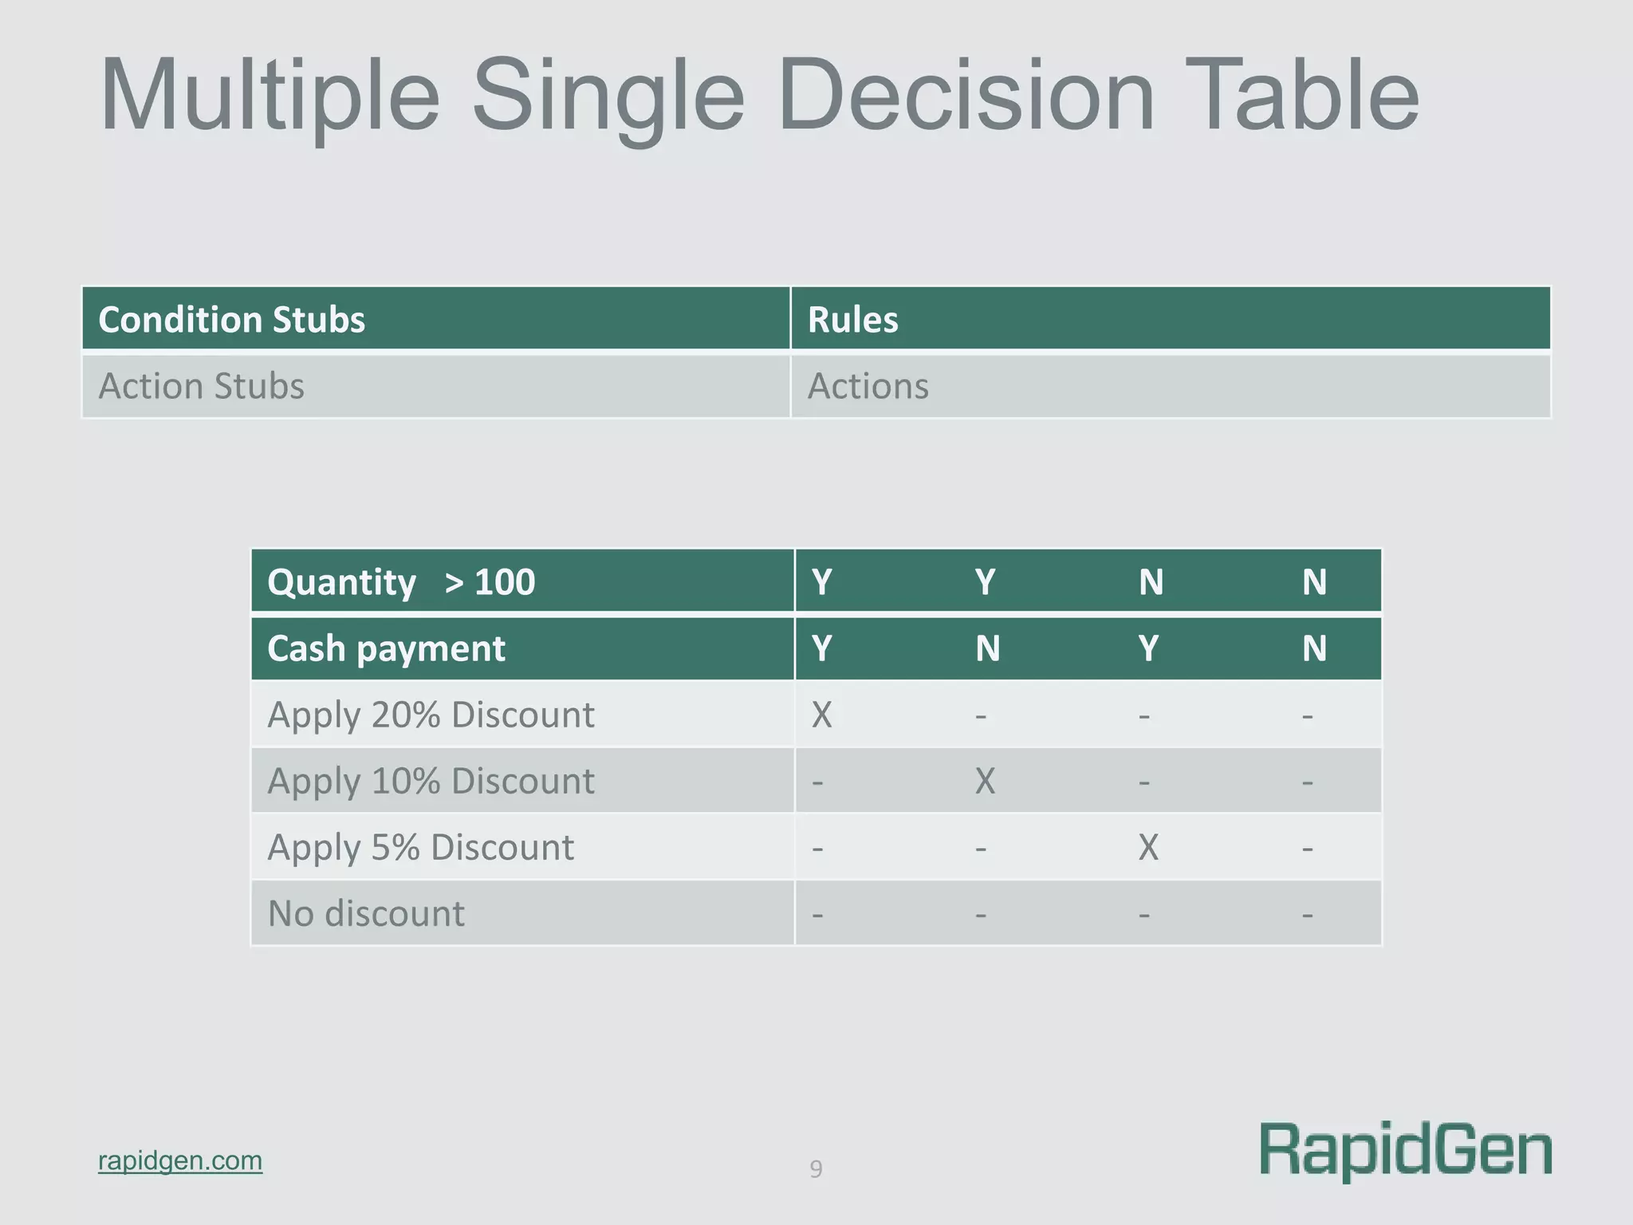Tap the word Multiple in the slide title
pos(270,96)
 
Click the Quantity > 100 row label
pos(401,582)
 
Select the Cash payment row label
pos(386,648)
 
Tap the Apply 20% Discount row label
pos(431,715)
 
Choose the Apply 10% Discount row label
pos(431,781)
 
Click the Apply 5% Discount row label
pos(420,847)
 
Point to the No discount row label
pos(366,914)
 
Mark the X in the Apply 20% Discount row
pos(821,715)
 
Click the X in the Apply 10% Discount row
pos(985,781)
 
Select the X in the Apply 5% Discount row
pos(1148,847)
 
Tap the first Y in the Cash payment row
pos(821,648)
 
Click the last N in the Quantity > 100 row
pos(1314,582)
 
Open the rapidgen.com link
pos(180,1160)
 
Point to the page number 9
pos(816,1169)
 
